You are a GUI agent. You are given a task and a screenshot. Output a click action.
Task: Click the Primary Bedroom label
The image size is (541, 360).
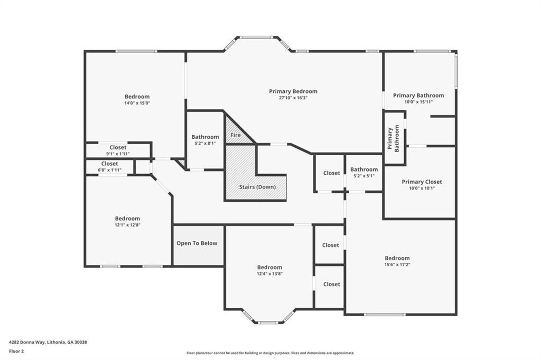pos(293,91)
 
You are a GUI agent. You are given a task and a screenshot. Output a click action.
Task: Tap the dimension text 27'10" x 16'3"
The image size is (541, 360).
pos(293,98)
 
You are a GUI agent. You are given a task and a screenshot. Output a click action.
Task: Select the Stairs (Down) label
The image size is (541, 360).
pos(257,187)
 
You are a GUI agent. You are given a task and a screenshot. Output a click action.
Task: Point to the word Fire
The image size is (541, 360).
pos(235,135)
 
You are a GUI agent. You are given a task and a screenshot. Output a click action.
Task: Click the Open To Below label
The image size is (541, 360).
pos(197,243)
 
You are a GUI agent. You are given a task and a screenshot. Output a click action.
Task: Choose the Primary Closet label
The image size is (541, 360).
pos(422,182)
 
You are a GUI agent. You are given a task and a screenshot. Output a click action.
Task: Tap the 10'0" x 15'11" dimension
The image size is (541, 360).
pos(418,102)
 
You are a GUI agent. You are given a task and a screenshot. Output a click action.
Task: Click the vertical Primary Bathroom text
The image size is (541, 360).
pos(393,139)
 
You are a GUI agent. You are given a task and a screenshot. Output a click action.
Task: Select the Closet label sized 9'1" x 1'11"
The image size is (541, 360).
pos(118,147)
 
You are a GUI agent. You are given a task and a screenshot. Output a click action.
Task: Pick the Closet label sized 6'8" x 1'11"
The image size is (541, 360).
pos(110,164)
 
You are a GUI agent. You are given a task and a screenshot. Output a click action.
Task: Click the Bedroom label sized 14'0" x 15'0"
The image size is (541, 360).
pos(137,97)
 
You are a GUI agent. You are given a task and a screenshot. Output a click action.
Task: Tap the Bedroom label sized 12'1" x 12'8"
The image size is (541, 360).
pos(127,219)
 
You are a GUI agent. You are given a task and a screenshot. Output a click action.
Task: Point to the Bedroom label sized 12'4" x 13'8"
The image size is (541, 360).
pos(269,267)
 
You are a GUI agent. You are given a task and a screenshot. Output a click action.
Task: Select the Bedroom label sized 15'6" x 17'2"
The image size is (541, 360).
pos(397,258)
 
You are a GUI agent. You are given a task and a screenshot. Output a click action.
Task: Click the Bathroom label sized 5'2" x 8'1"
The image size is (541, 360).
pos(205,137)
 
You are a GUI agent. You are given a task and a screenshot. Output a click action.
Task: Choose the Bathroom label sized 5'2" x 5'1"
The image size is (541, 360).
pos(364,169)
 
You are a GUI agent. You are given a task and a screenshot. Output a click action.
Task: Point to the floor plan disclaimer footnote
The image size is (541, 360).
pos(270,353)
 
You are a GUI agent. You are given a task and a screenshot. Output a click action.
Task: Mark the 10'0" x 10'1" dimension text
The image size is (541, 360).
pos(422,188)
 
